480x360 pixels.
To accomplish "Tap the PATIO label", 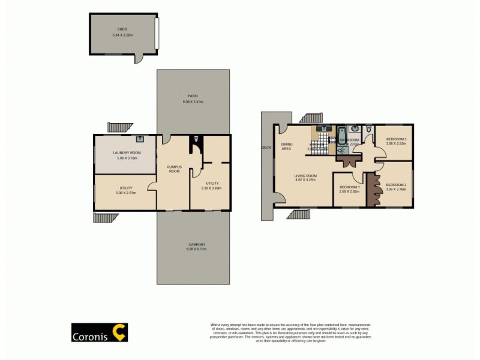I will click(x=193, y=96).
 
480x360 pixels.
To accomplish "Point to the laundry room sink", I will click(x=140, y=138).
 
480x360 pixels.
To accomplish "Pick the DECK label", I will click(x=267, y=147).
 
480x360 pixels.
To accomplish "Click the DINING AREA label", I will click(x=287, y=146).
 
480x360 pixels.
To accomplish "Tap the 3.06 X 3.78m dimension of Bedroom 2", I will click(x=396, y=189).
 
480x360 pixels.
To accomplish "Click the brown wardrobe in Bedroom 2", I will click(x=371, y=190).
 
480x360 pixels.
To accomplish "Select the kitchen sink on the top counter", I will click(x=324, y=128).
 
